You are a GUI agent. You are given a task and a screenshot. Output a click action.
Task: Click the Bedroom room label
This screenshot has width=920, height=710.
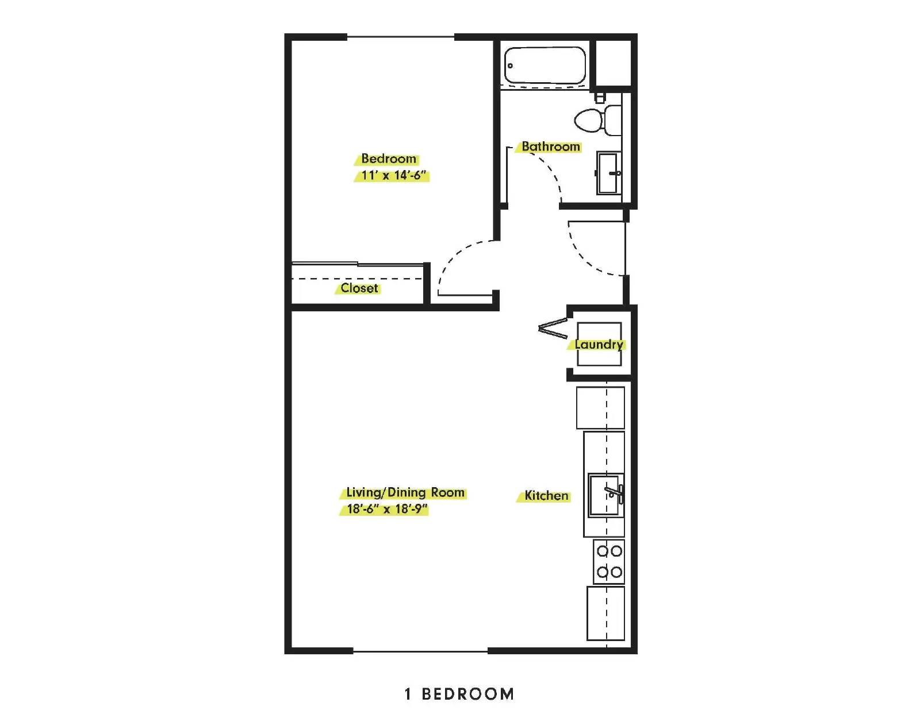(389, 159)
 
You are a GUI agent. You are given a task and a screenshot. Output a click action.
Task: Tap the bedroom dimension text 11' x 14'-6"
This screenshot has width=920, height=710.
(393, 175)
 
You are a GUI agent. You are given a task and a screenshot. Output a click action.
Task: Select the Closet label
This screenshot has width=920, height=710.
(359, 288)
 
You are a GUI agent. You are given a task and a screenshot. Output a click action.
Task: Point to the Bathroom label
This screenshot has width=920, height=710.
(550, 146)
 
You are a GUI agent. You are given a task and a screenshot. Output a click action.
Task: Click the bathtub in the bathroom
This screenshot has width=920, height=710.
(545, 65)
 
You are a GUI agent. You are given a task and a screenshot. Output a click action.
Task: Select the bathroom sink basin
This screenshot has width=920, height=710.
(608, 172)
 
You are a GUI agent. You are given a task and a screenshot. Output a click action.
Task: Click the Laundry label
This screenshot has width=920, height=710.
(599, 345)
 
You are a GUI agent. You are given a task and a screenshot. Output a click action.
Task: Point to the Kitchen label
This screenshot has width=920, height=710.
(546, 496)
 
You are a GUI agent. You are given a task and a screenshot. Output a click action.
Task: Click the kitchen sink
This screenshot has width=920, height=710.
(605, 495)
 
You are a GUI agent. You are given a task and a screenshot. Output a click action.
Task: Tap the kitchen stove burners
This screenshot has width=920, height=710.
(609, 562)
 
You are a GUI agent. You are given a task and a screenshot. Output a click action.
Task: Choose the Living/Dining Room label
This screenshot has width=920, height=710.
(405, 493)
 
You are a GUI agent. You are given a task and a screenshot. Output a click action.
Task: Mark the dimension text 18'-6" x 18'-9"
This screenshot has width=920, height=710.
(387, 509)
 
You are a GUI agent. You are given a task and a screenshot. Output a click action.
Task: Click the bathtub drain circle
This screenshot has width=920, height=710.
(510, 65)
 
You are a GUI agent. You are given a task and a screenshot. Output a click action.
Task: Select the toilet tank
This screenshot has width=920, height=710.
(612, 120)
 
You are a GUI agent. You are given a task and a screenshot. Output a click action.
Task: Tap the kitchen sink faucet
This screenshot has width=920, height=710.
(616, 493)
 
